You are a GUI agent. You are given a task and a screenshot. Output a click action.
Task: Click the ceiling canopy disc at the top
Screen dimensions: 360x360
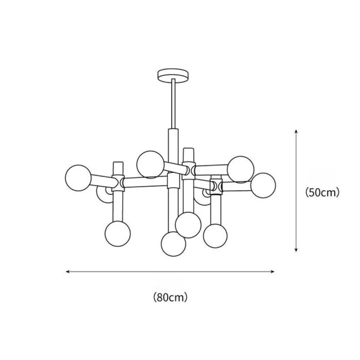coord(173,76)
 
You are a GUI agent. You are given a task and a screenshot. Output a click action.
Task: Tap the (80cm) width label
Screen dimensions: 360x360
coord(170,297)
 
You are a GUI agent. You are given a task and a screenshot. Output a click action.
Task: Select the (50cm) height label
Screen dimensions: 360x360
coord(322,192)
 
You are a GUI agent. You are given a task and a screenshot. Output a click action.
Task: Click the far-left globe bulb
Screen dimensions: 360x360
coord(78,178)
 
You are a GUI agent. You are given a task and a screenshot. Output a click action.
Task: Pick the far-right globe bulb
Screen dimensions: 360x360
coord(263,185)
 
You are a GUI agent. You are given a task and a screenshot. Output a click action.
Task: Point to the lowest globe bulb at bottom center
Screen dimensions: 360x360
coord(173,244)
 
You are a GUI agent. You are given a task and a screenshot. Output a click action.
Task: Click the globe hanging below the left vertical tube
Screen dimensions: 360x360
coord(118,234)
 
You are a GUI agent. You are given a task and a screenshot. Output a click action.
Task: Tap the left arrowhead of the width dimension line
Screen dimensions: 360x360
coord(67,272)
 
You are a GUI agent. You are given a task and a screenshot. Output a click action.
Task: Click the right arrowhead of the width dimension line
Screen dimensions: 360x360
coord(273,272)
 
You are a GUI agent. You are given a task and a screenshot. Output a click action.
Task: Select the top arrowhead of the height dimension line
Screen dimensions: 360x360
coord(296,131)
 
